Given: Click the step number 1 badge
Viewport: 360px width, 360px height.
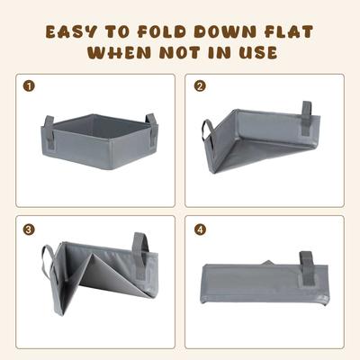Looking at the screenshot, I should click(30, 88).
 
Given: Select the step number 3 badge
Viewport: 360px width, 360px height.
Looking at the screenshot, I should click(30, 229).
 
